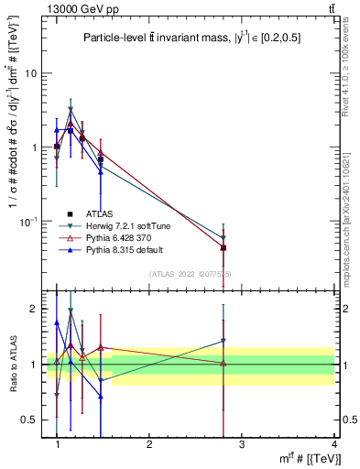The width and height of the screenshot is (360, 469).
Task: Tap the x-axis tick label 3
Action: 241,444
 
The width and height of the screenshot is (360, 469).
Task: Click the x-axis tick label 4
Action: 333,444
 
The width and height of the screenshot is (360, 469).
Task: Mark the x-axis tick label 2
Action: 149,444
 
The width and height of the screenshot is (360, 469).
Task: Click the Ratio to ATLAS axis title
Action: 13,365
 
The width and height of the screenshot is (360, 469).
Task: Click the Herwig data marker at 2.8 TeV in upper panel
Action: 224,237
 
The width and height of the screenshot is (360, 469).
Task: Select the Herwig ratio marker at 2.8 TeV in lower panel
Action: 224,341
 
